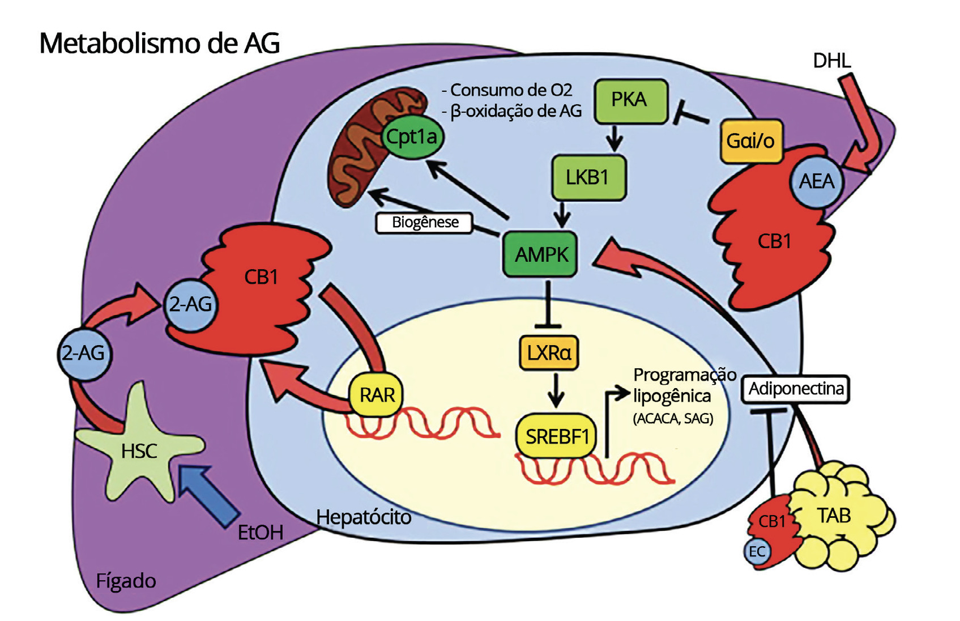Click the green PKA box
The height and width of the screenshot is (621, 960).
pos(630,100)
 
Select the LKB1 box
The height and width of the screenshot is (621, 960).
pos(588,177)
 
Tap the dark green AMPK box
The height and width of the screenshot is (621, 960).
pos(540,254)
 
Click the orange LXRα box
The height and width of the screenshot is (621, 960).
pos(548,353)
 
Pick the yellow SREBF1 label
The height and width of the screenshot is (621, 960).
pos(557,436)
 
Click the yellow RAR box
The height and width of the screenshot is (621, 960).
pos(377,395)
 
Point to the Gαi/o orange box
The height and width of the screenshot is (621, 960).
pos(750,141)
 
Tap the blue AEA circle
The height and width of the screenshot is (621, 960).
pos(816,181)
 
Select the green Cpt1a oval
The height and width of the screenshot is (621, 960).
pos(412,137)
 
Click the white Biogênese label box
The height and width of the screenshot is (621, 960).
pos(424,222)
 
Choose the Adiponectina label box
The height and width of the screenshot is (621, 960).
pos(795,389)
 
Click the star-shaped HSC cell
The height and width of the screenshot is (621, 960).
pos(139,450)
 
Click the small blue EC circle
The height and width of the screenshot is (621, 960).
pos(757,551)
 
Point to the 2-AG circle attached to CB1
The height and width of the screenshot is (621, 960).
pos(190,305)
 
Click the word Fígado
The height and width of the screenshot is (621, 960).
pos(126,581)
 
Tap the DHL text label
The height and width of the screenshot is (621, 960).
pos(831,61)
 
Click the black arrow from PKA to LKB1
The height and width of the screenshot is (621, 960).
pos(614,138)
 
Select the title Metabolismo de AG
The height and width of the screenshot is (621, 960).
pos(159,44)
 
